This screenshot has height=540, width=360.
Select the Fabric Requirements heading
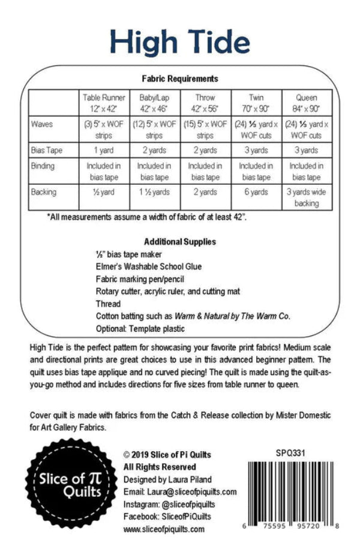179,79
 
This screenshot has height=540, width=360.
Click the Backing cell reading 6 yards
256,192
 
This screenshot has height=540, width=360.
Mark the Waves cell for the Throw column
205,130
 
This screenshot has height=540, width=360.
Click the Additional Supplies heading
179,242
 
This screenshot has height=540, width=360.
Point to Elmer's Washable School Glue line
148,266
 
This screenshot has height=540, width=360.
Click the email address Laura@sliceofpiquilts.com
179,492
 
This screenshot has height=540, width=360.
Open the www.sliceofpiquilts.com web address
163,529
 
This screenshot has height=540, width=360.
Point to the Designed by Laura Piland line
167,479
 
